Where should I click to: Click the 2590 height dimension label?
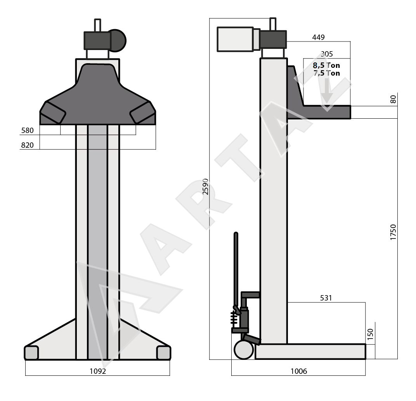pyautogui.click(x=206, y=187)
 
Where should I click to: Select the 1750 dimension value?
pyautogui.click(x=393, y=232)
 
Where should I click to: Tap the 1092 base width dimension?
pyautogui.click(x=98, y=371)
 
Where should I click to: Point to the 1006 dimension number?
pyautogui.click(x=299, y=371)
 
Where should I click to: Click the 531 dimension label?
pyautogui.click(x=326, y=298)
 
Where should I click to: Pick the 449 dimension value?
pyautogui.click(x=318, y=37)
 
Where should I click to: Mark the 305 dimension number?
pyautogui.click(x=327, y=54)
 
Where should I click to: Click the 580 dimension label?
pyautogui.click(x=27, y=130)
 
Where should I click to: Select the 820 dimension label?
pyautogui.click(x=27, y=145)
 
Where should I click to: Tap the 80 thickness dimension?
pyautogui.click(x=393, y=99)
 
